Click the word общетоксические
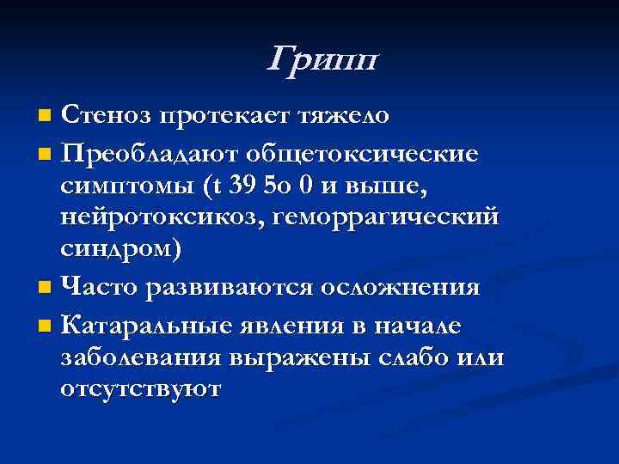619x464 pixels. pos(361,156)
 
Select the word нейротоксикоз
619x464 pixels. pos(161,217)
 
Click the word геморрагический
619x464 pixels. pos(383,217)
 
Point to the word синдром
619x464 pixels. pos(121,248)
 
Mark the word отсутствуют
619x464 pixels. pos(141,388)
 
